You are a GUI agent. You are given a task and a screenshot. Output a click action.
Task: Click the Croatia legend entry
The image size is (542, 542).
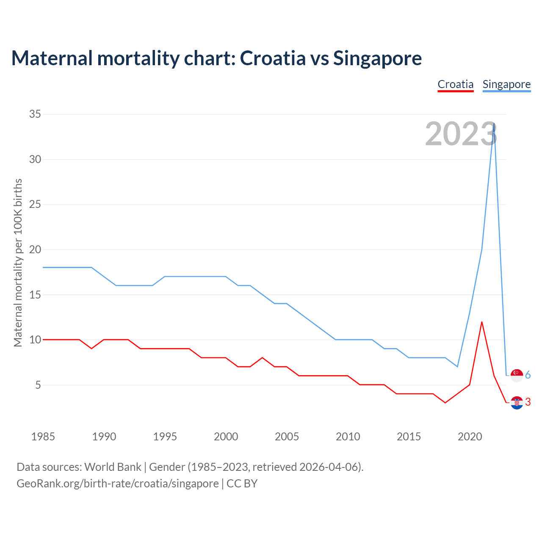tap(455, 84)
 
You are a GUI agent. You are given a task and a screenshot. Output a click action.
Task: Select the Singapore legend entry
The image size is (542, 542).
tap(506, 84)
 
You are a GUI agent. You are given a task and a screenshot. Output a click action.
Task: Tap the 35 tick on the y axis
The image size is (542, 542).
tap(35, 114)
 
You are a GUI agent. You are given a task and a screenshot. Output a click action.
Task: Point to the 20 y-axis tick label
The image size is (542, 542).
tap(35, 249)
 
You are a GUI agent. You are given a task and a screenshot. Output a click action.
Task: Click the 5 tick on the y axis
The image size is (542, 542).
tap(38, 385)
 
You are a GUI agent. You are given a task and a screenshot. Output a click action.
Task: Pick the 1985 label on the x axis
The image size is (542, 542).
tap(43, 437)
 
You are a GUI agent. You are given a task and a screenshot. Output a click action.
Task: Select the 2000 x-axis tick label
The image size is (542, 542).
tap(226, 437)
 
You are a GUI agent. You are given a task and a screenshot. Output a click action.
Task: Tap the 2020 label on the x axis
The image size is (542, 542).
tap(470, 437)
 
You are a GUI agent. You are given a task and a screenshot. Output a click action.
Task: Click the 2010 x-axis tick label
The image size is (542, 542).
tap(348, 437)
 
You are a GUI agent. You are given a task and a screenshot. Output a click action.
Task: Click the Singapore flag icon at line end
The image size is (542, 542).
tap(517, 375)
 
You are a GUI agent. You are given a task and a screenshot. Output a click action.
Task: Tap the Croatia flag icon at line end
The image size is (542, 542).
tap(517, 403)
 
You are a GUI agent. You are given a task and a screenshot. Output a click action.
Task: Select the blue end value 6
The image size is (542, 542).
tap(528, 375)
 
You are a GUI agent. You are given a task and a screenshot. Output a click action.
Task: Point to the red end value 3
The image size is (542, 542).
tap(528, 402)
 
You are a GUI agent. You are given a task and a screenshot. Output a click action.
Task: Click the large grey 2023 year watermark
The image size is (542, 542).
tap(461, 134)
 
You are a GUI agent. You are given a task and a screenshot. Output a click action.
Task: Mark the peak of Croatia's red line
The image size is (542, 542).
tap(482, 322)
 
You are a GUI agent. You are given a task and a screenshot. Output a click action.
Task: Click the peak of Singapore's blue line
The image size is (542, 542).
tap(494, 124)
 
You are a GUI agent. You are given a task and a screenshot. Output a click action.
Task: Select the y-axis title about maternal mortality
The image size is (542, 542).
tap(18, 263)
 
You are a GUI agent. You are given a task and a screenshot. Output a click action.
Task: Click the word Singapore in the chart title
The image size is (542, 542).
tap(377, 58)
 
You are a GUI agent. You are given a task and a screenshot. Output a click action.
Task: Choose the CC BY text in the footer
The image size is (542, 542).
tap(242, 484)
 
